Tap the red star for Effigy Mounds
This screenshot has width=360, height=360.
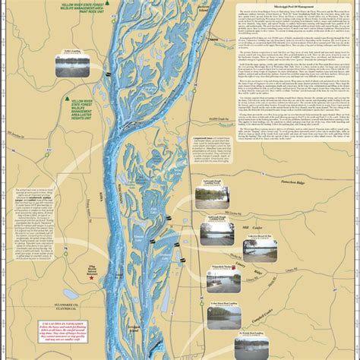tap(92, 278)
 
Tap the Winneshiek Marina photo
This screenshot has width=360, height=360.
tap(219, 282)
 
